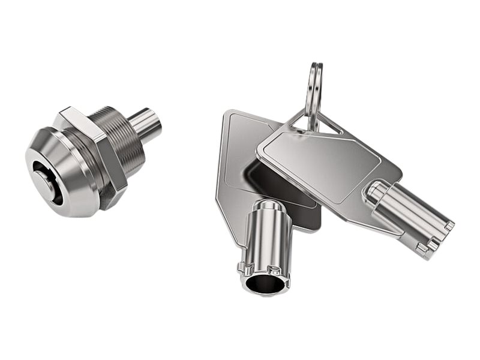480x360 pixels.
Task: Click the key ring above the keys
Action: [313, 90]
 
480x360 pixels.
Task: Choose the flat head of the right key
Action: [324, 162]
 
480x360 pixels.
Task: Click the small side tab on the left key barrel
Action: [243, 264]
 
